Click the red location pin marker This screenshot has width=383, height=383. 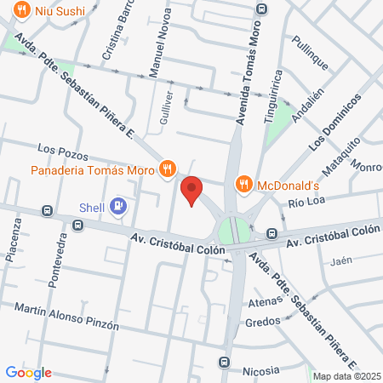(x=192, y=190)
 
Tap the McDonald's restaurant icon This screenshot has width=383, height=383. (x=244, y=184)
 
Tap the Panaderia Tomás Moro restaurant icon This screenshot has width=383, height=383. (x=168, y=169)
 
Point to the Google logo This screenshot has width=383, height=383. (x=29, y=372)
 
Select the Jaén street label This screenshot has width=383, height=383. (x=341, y=260)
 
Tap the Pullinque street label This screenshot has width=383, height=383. (x=309, y=54)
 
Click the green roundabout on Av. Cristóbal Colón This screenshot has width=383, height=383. (x=230, y=231)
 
